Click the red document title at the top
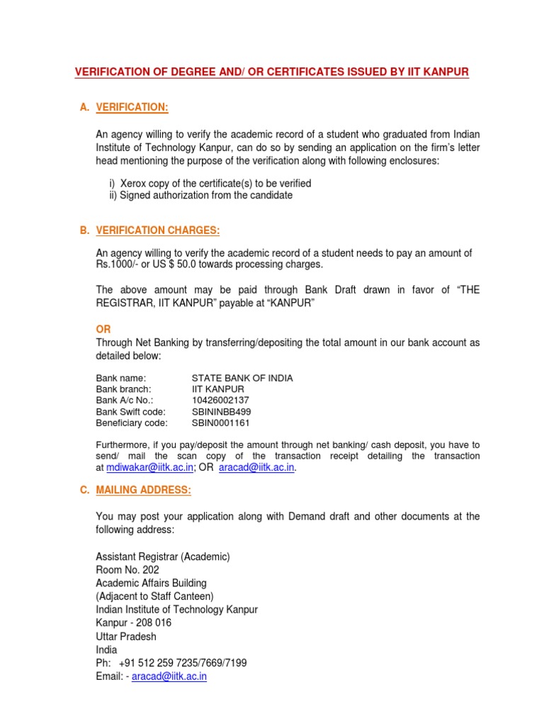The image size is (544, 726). pyautogui.click(x=272, y=72)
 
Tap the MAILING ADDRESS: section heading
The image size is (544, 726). pyautogui.click(x=143, y=491)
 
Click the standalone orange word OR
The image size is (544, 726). pyautogui.click(x=103, y=330)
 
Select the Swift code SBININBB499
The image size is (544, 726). pyautogui.click(x=221, y=412)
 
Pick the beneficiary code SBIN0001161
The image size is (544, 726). pyautogui.click(x=221, y=423)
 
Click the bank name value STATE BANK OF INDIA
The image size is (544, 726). pyautogui.click(x=242, y=378)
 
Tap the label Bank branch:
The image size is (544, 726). pyautogui.click(x=124, y=389)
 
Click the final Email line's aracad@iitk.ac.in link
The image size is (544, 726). pyautogui.click(x=171, y=676)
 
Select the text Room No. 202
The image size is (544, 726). pyautogui.click(x=127, y=570)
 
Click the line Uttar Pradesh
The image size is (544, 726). pyautogui.click(x=126, y=637)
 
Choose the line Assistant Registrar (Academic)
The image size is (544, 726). pyautogui.click(x=163, y=557)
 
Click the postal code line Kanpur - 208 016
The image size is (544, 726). pyautogui.click(x=133, y=623)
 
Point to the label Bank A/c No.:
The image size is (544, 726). pyautogui.click(x=125, y=401)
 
